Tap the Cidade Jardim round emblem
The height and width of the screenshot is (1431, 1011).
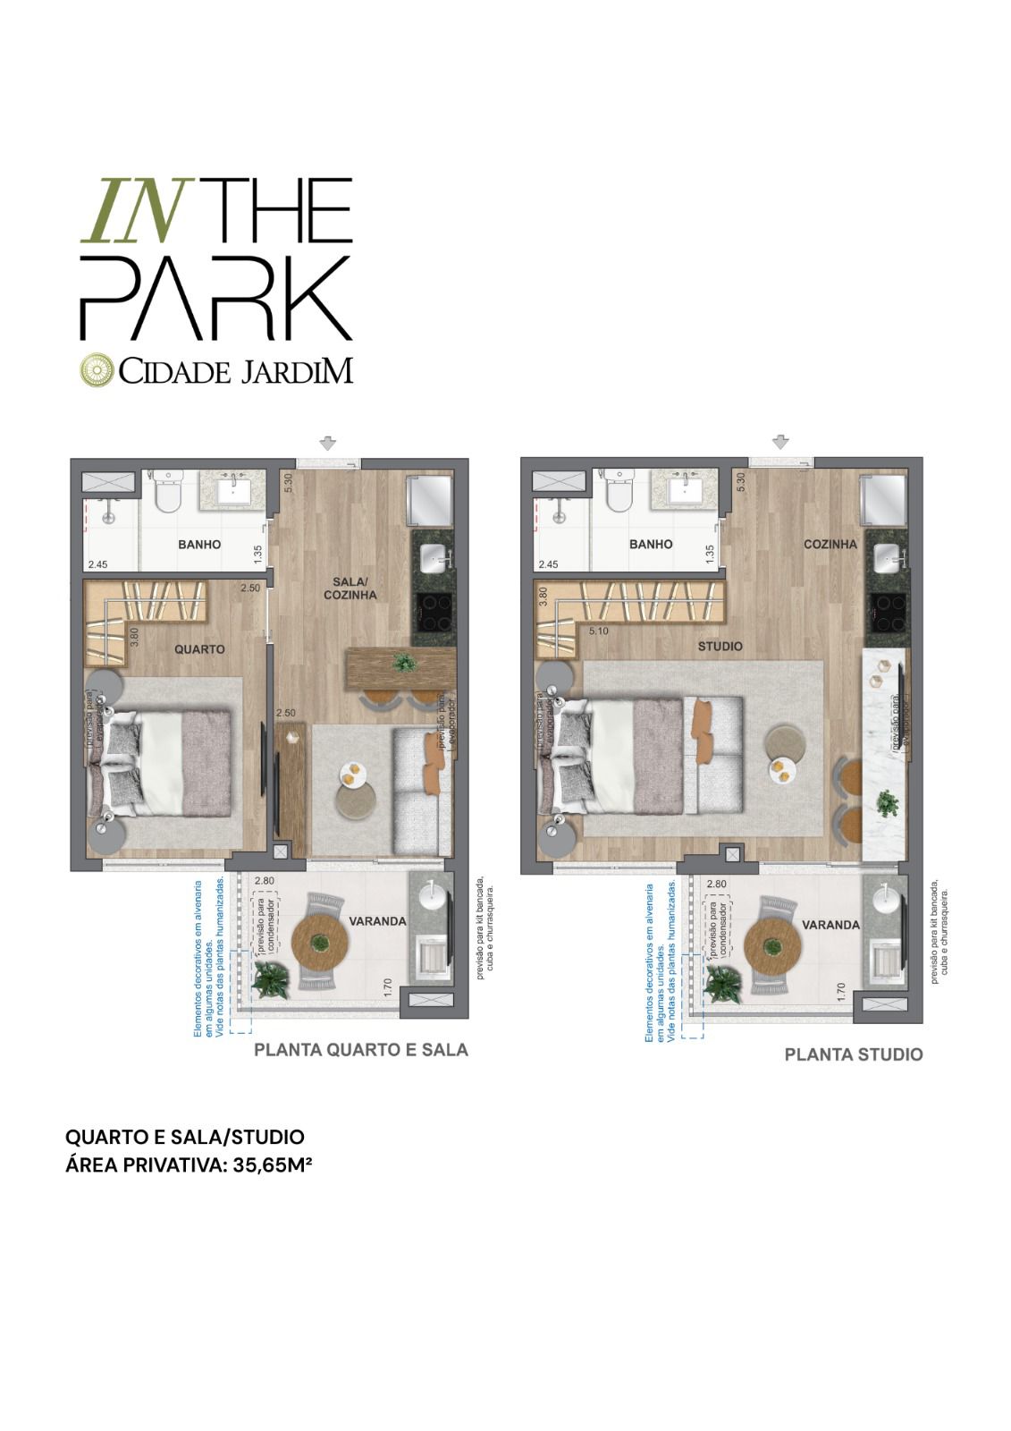(97, 370)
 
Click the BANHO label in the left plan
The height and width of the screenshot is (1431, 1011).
(199, 545)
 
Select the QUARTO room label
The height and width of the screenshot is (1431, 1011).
(199, 649)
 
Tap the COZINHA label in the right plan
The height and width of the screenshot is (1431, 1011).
(830, 544)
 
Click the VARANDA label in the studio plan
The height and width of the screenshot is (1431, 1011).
(830, 925)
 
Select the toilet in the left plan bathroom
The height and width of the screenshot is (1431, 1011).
(167, 492)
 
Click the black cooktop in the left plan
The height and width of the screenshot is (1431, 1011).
(433, 614)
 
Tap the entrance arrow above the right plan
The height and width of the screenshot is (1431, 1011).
(781, 442)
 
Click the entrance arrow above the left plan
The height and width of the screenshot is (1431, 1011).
(328, 443)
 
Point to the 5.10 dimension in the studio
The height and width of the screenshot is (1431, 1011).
(600, 631)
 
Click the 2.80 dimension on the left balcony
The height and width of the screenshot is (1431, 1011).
(264, 882)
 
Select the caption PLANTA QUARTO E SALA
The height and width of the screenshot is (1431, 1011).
(361, 1050)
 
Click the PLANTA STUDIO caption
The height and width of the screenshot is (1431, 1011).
(853, 1054)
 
